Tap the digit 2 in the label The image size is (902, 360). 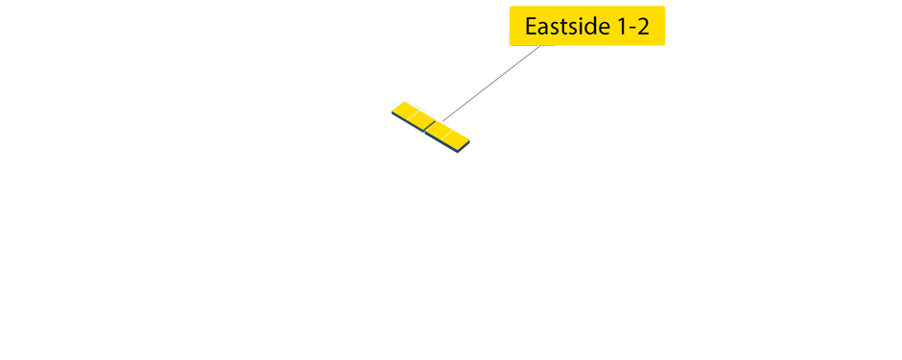coord(643,27)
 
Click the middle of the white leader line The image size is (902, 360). coord(489,83)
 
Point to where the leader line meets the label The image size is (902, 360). coord(539,45)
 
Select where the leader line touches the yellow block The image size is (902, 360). coord(441,121)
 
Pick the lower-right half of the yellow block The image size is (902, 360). coord(449,132)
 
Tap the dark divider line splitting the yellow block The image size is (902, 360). coord(429,125)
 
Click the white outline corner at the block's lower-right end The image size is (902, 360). coord(474,143)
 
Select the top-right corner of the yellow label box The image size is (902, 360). coord(664,9)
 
